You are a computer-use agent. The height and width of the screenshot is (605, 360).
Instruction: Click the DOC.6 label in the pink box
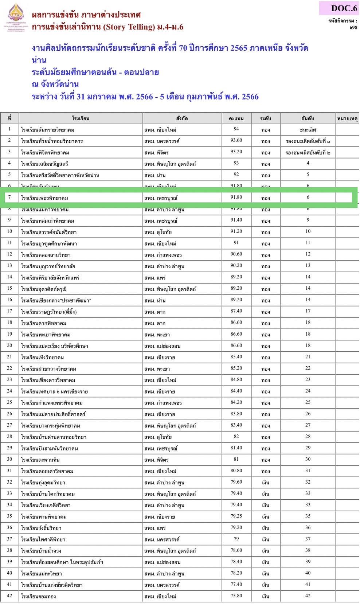344,8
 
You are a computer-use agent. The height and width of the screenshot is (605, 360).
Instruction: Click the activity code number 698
353,27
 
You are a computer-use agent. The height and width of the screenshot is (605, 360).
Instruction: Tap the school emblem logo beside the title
16,17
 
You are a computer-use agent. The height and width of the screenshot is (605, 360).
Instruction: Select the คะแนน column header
236,118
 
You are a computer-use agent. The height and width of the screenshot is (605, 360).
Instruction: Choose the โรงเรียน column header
81,118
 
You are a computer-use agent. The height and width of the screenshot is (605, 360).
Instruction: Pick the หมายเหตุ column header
347,118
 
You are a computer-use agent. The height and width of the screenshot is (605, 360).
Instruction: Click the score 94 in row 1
236,129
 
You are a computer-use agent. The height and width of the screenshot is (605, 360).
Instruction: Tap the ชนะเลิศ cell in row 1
308,130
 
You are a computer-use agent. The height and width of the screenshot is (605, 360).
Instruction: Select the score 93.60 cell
236,140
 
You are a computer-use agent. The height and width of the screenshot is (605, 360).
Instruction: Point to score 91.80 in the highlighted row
236,197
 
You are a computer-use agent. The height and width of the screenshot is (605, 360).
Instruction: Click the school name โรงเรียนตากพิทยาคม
44,323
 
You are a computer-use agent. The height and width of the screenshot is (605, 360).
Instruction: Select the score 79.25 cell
236,516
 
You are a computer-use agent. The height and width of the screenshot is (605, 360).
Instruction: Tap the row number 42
9,596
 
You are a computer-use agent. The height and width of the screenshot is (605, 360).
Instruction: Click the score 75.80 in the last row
236,596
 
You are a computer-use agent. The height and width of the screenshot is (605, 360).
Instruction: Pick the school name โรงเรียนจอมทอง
38,596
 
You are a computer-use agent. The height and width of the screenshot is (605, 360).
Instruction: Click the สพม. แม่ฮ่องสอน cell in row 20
163,346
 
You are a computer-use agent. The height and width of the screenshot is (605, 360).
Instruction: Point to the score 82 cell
236,436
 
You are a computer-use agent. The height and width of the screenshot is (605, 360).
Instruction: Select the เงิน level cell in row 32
266,483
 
